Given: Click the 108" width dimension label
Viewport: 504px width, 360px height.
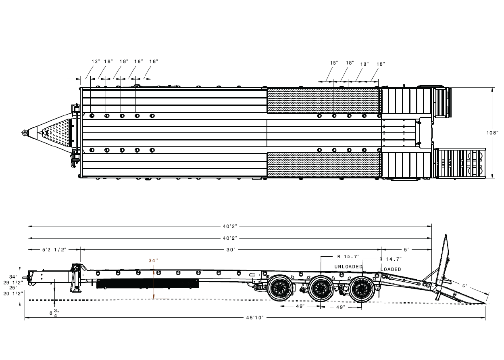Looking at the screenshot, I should coord(492,133).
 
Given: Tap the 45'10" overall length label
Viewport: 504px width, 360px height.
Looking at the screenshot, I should coord(254,318).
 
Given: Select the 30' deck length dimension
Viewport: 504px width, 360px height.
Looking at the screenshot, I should coord(230,250).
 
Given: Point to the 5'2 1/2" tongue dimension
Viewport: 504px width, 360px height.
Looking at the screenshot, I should coord(54,250).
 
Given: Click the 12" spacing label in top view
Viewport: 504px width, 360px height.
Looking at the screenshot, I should coord(96,61).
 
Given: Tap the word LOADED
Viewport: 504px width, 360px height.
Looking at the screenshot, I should coord(391,269).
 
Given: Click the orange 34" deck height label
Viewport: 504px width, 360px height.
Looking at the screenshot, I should coord(152,261).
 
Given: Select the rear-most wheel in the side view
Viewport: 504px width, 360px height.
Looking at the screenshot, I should coord(361,289).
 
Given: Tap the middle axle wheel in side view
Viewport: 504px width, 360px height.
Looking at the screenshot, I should coord(321,289).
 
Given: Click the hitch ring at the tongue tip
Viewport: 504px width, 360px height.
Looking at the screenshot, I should coord(25,133).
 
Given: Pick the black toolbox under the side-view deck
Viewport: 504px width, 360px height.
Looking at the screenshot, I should coord(148,284).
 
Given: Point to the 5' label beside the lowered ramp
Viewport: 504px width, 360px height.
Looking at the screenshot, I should coord(465,286).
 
